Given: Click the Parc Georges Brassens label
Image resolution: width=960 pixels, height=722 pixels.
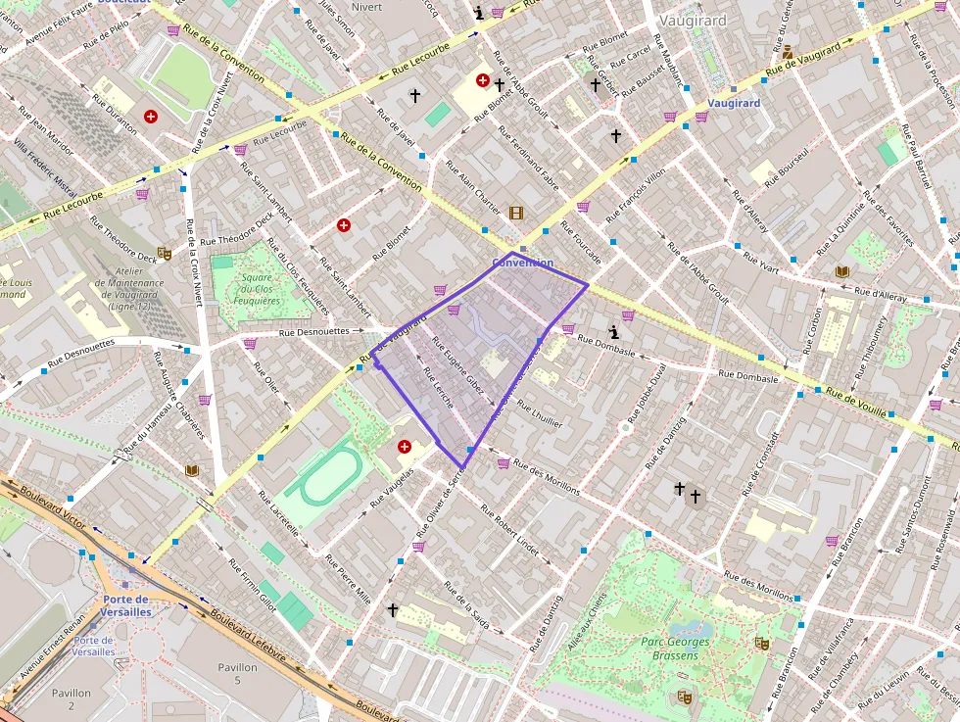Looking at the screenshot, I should [675, 649].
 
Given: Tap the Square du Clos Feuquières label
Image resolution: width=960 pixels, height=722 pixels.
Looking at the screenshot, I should [256, 289].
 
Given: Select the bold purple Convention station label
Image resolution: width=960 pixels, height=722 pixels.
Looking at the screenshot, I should [522, 263].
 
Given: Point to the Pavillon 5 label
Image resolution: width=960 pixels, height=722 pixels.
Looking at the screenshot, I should [237, 674].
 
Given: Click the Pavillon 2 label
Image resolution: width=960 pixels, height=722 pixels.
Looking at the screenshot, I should [71, 698].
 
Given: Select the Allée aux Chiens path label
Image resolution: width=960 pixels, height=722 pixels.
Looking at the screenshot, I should [587, 623].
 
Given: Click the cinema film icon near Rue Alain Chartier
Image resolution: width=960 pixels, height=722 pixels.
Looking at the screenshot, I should [516, 213].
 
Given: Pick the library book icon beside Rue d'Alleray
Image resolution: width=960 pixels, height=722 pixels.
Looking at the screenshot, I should [841, 271].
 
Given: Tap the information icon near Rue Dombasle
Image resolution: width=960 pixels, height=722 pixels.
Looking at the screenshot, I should [614, 332].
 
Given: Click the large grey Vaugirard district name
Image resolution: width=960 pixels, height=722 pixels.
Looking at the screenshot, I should [692, 20].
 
